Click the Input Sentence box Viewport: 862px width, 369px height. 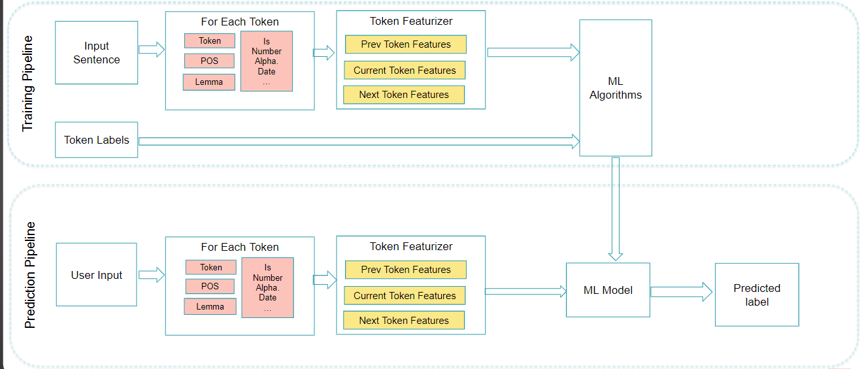(x=96, y=53)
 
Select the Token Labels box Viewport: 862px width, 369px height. (x=96, y=140)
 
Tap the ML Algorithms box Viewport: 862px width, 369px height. (x=615, y=88)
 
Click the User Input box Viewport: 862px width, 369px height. (x=96, y=275)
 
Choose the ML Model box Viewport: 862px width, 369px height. (x=608, y=290)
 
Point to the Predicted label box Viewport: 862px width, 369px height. (x=757, y=295)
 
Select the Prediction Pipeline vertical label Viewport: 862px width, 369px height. (x=30, y=275)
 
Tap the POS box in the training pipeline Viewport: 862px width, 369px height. (x=209, y=61)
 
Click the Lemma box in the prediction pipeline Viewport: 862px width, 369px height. (x=210, y=306)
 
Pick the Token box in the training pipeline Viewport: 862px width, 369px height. (x=209, y=40)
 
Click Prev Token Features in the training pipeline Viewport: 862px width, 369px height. (x=405, y=44)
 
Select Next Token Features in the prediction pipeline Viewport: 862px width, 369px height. (x=404, y=320)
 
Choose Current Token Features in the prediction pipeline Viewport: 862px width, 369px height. (x=405, y=296)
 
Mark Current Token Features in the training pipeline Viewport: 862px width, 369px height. (x=405, y=71)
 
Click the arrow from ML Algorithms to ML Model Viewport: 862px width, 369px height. (x=615, y=209)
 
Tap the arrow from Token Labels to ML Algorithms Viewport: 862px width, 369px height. (x=359, y=140)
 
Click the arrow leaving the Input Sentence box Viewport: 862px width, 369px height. (x=152, y=50)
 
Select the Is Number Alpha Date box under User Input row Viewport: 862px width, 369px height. (x=267, y=287)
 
